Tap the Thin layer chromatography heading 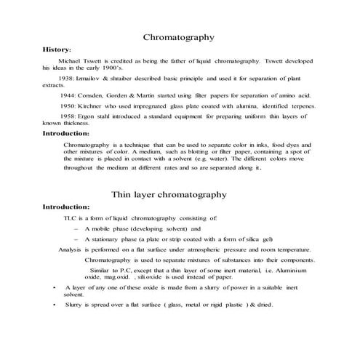tap(179, 194)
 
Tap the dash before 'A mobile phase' tap(76, 228)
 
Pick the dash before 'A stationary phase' tap(76, 239)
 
